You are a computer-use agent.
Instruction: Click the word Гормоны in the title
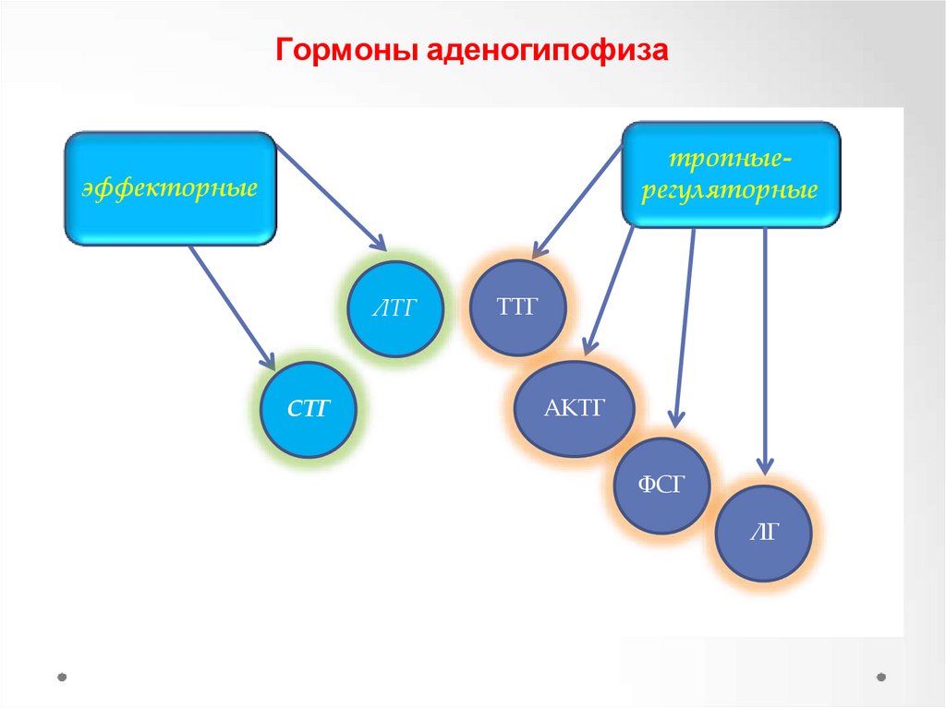[x=347, y=53]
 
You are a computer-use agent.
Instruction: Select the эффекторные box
[x=170, y=189]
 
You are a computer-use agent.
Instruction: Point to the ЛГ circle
[x=764, y=534]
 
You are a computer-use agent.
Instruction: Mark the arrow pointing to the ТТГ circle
[x=578, y=198]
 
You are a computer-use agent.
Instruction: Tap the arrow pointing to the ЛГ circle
[x=765, y=351]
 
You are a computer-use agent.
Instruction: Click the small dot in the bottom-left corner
[x=62, y=676]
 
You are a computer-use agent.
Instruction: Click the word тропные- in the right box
[x=731, y=159]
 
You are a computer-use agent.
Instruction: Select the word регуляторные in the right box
[x=731, y=191]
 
